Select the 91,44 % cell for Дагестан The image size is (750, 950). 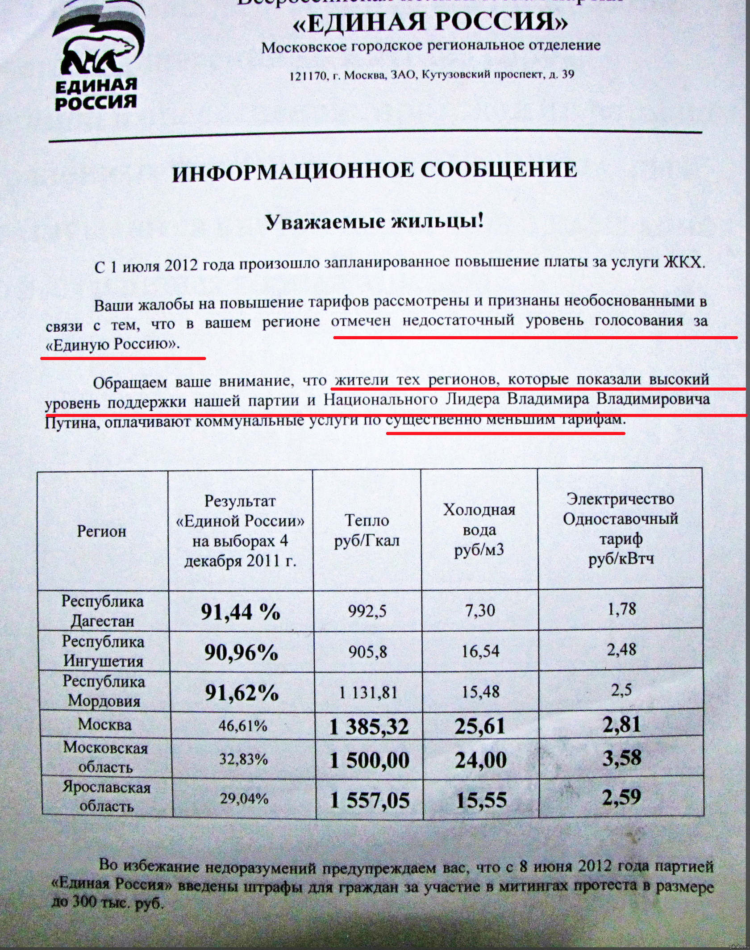click(x=240, y=612)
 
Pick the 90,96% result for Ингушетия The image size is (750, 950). click(x=241, y=652)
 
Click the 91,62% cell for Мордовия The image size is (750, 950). click(x=242, y=692)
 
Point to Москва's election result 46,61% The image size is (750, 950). click(x=242, y=726)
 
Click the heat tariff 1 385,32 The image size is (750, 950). click(x=369, y=727)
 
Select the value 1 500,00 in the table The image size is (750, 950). click(x=369, y=760)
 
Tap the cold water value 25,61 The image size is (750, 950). click(x=480, y=726)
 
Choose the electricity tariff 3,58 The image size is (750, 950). click(x=622, y=758)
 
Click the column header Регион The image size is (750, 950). click(x=102, y=531)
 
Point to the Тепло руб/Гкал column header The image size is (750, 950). click(x=367, y=530)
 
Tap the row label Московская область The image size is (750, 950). click(x=105, y=757)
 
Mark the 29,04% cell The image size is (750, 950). click(x=244, y=798)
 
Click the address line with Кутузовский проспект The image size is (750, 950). click(x=432, y=75)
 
